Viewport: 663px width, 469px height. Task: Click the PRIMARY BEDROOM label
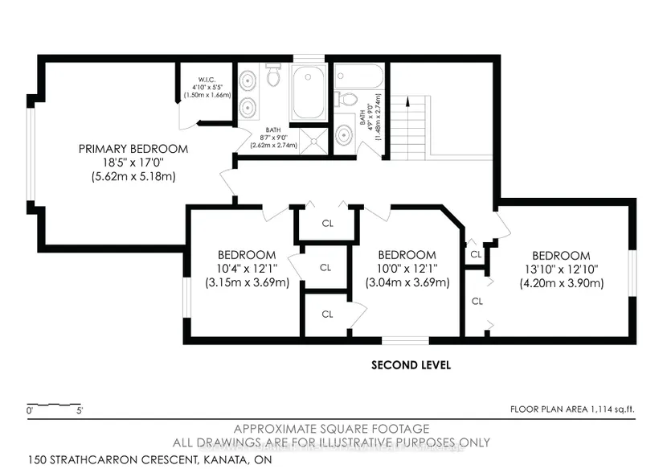click(x=133, y=149)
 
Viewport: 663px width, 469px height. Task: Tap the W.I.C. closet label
click(x=207, y=80)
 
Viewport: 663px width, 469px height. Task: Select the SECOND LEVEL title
click(x=411, y=365)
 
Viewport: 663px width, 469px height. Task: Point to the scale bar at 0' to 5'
click(x=54, y=405)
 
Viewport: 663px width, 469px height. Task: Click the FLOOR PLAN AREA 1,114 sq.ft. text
click(x=572, y=409)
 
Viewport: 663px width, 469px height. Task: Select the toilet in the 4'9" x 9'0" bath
click(x=346, y=100)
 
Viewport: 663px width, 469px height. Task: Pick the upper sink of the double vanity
click(x=247, y=80)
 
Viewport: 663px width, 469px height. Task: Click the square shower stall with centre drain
click(x=313, y=141)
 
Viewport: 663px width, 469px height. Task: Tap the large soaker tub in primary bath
click(x=309, y=93)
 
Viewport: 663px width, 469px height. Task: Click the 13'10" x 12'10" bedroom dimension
click(x=561, y=269)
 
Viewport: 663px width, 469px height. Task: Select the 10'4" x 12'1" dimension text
click(x=247, y=269)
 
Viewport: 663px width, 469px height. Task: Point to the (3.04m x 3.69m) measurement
click(x=407, y=282)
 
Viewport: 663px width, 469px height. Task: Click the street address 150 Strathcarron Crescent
click(x=150, y=459)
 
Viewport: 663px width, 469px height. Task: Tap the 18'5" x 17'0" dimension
click(x=133, y=163)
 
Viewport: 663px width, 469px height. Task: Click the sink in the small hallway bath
click(x=344, y=135)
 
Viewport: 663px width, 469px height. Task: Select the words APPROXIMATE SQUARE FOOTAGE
click(x=331, y=429)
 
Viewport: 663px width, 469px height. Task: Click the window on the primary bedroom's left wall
click(x=30, y=154)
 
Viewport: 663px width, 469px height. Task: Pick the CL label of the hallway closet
click(x=328, y=224)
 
